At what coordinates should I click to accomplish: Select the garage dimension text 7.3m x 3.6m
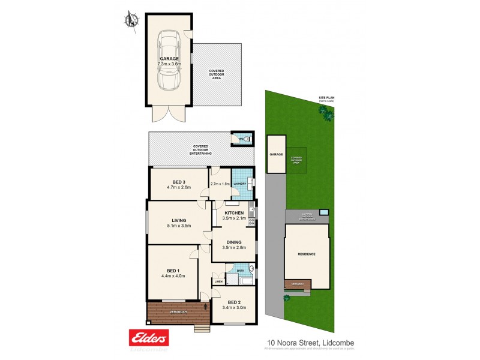click(168, 64)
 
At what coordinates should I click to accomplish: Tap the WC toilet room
click(243, 139)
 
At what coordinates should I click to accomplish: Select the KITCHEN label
click(234, 213)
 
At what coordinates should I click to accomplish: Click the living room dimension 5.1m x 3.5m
click(178, 226)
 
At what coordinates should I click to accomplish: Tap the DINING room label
click(234, 242)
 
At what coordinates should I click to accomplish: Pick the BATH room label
click(240, 271)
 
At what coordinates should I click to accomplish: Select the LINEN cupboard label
click(218, 281)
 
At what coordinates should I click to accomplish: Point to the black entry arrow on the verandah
click(206, 307)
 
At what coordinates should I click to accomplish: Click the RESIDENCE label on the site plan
click(307, 254)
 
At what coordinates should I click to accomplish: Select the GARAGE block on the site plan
click(276, 155)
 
